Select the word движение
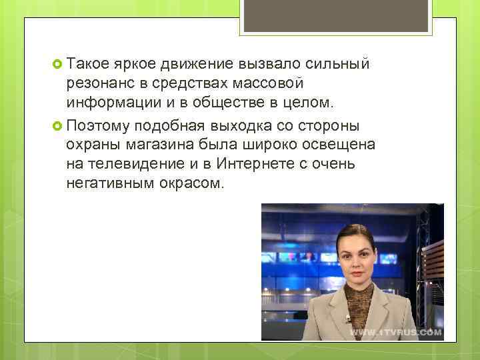click(x=197, y=65)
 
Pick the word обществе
click(x=224, y=104)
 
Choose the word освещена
click(x=340, y=145)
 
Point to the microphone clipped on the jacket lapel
click(x=348, y=319)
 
